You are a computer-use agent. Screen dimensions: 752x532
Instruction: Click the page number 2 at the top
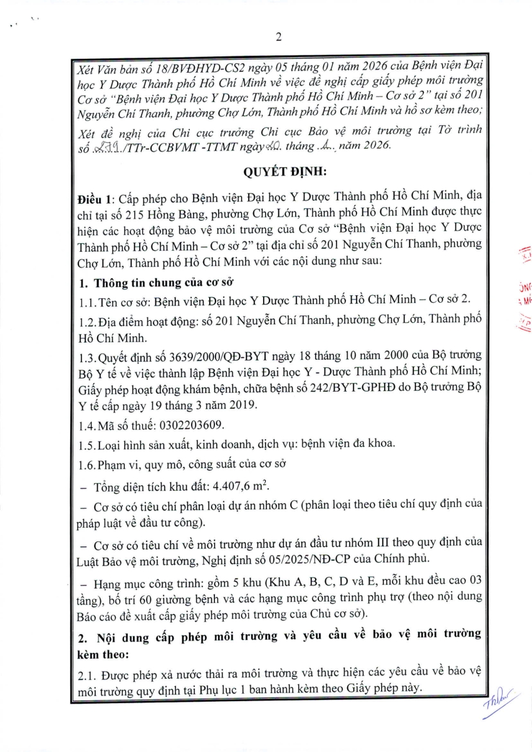coord(278,37)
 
